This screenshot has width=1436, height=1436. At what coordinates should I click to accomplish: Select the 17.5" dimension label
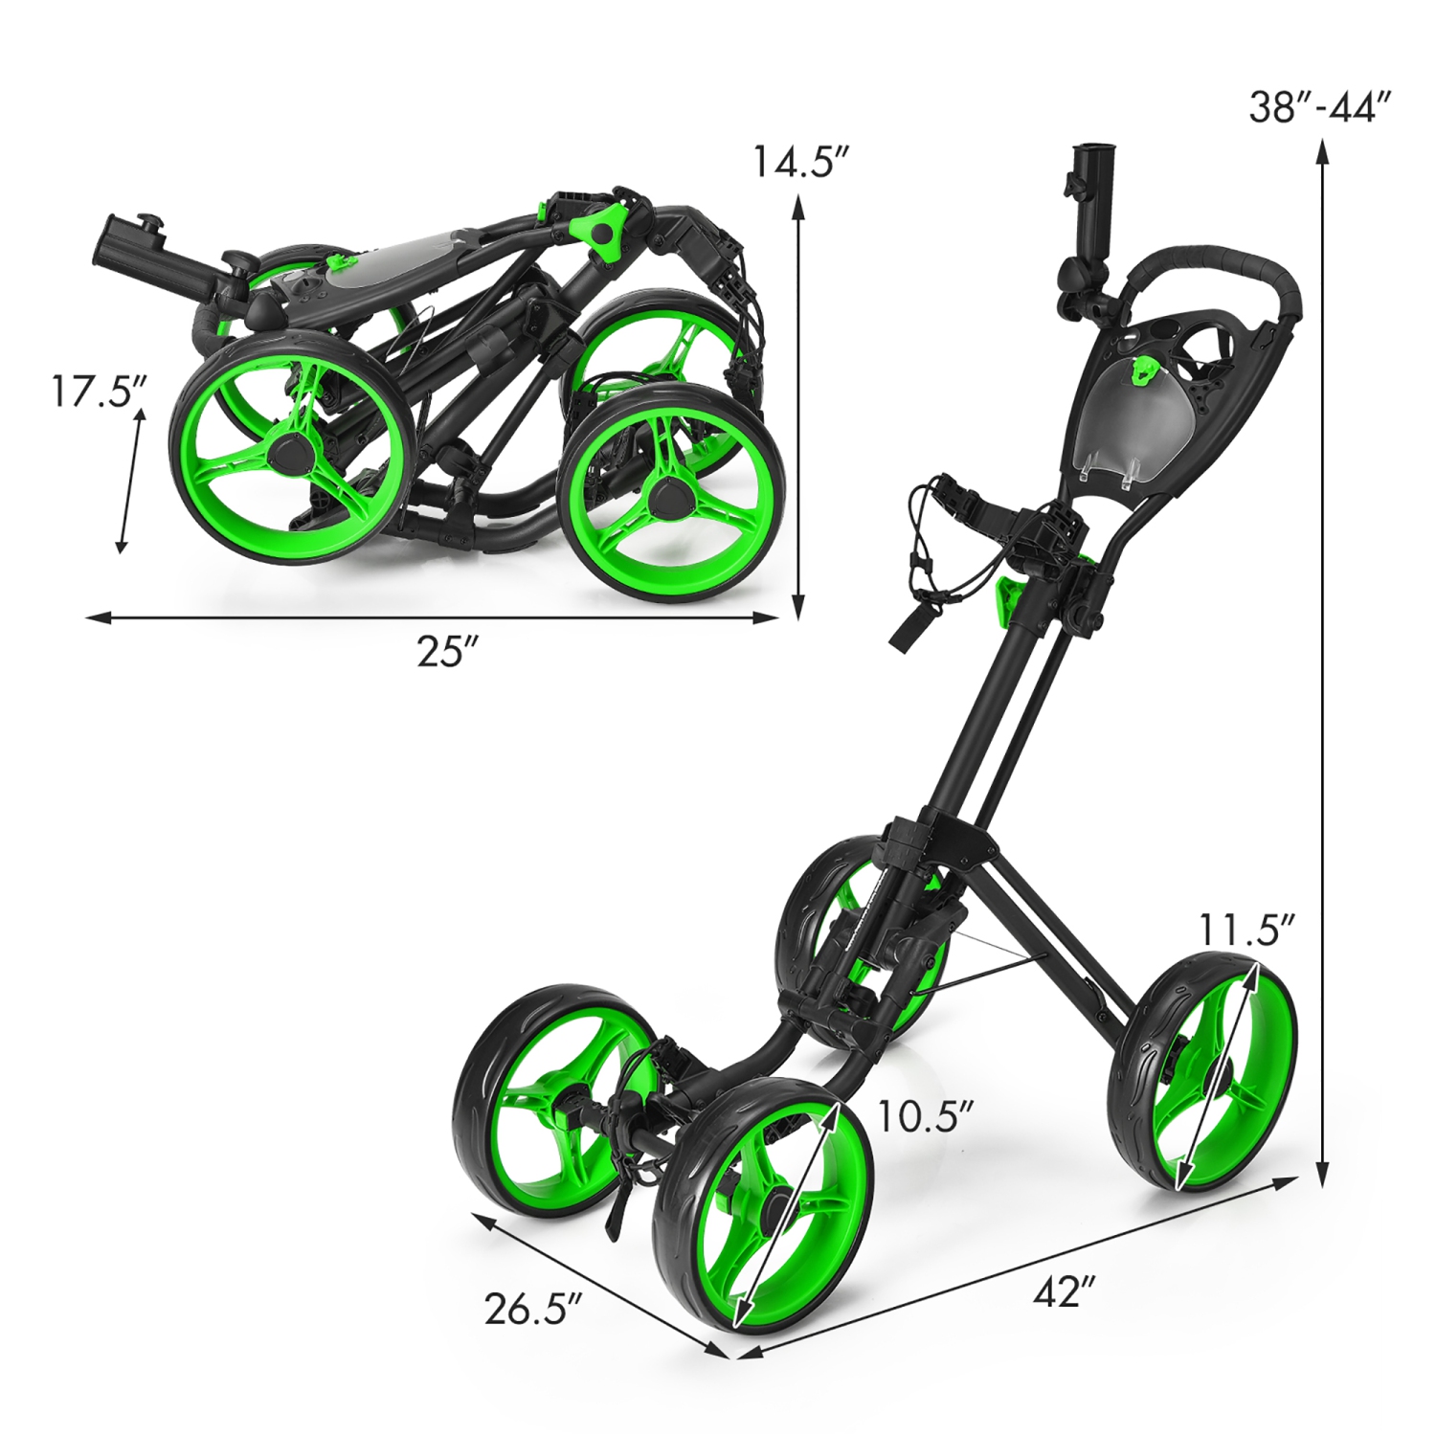coord(98,392)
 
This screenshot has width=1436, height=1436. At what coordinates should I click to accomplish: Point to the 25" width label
coord(446,651)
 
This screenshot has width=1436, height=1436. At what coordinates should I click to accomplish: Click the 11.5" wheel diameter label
coord(1245,930)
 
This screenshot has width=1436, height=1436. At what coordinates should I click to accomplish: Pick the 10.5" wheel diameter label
coord(925,1115)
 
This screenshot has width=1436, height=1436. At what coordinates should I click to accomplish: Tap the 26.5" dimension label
coord(532,1309)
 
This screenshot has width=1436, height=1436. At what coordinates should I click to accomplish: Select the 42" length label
coord(1063,1292)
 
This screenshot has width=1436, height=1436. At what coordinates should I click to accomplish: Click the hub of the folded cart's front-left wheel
coord(289,450)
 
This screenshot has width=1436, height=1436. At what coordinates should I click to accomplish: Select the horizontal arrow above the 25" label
coord(431,617)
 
